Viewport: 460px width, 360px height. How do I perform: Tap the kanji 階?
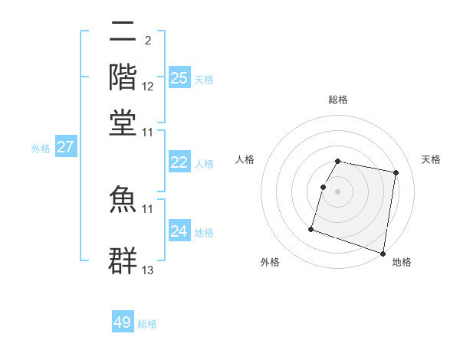pos(123,77)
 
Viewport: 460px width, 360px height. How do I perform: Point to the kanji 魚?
pos(123,198)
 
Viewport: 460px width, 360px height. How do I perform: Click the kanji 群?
pos(123,260)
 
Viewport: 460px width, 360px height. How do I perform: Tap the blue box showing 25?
pos(179,77)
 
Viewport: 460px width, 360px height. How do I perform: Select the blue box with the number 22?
pos(179,162)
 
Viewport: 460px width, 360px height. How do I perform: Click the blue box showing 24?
pos(179,231)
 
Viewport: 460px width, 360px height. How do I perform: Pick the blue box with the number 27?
pos(65,147)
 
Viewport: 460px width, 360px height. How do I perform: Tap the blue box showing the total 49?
pos(123,322)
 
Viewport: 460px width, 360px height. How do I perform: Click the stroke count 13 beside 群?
pos(148,270)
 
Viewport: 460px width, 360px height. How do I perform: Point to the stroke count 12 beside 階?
pos(148,86)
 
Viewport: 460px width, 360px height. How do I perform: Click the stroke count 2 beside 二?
pos(147,40)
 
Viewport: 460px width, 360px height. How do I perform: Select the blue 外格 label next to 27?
pos(41,149)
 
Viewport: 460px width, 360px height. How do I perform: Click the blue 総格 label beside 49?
pos(147,324)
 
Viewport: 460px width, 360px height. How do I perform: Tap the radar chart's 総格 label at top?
pos(338,100)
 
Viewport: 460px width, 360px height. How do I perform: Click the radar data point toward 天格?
pos(396,174)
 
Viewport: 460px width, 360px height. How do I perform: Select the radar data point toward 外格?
pos(311,228)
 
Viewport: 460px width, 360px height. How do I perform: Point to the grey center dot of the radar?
pos(337,191)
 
